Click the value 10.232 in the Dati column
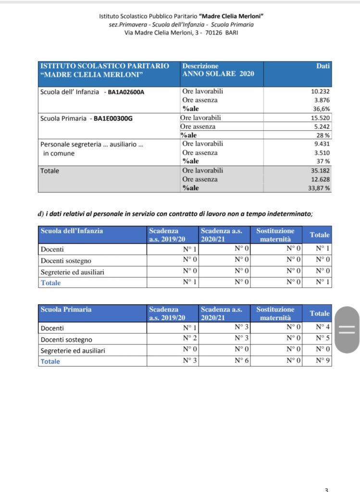coord(321,91)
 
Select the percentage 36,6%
coord(322,109)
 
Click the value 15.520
coord(321,118)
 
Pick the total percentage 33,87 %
coord(319,188)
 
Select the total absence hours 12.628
coord(321,180)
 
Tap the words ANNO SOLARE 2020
coord(218,74)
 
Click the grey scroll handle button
coord(347,330)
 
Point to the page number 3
coord(326,490)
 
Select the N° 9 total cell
coord(323,361)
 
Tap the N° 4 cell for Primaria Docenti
coord(323,328)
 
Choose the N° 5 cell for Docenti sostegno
coord(323,339)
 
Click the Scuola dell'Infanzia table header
coord(72,231)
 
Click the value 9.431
coord(322,144)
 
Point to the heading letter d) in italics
coord(41,214)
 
